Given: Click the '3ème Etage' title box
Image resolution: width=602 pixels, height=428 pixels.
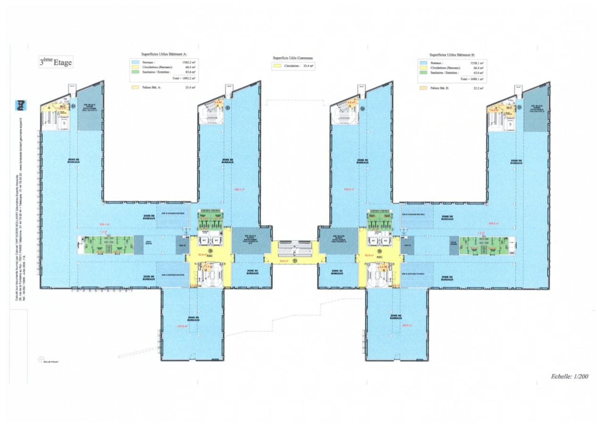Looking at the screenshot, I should (x=56, y=62).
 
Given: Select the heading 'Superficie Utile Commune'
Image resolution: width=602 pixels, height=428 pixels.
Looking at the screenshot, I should (x=293, y=58).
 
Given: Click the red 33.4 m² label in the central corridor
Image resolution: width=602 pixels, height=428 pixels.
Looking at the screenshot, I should (x=284, y=260).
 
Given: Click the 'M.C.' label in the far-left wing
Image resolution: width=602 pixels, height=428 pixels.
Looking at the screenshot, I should (x=61, y=107).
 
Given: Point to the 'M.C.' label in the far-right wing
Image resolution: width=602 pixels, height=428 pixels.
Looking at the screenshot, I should (x=509, y=108).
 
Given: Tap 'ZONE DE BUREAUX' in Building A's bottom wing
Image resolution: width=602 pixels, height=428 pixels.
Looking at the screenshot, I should (x=193, y=319).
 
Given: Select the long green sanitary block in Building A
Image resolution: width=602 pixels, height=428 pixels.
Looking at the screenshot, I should (x=107, y=245).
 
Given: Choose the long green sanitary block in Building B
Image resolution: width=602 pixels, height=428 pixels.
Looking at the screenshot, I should (x=484, y=245).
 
